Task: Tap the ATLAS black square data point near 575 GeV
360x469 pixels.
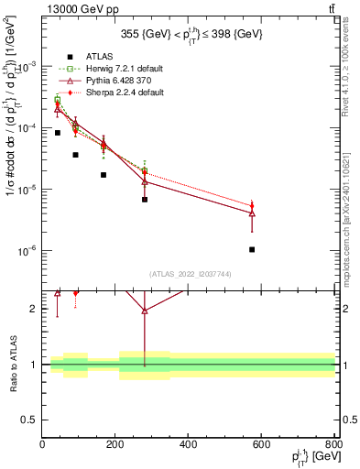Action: pos(252,249)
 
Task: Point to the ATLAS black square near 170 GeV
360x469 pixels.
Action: pos(104,175)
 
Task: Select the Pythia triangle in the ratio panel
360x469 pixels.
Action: pos(145,311)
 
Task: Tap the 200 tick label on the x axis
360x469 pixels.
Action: pos(115,445)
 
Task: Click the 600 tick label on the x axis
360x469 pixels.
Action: pos(261,445)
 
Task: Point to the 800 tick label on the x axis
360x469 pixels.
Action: pos(333,445)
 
